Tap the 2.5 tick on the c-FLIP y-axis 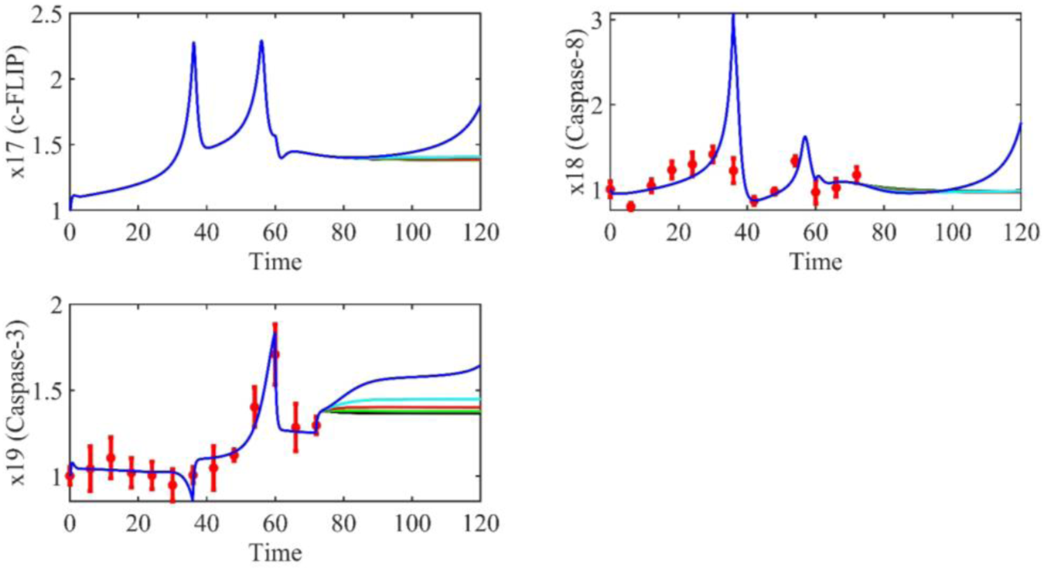46,15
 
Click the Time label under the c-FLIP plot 275,262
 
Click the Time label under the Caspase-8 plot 815,262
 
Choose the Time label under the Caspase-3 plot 275,553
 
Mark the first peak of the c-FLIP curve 193,43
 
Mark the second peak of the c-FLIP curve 261,42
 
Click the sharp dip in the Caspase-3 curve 193,500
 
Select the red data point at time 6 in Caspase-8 630,206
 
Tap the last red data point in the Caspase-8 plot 856,175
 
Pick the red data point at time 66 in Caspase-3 295,427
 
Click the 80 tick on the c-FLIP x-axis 343,231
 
